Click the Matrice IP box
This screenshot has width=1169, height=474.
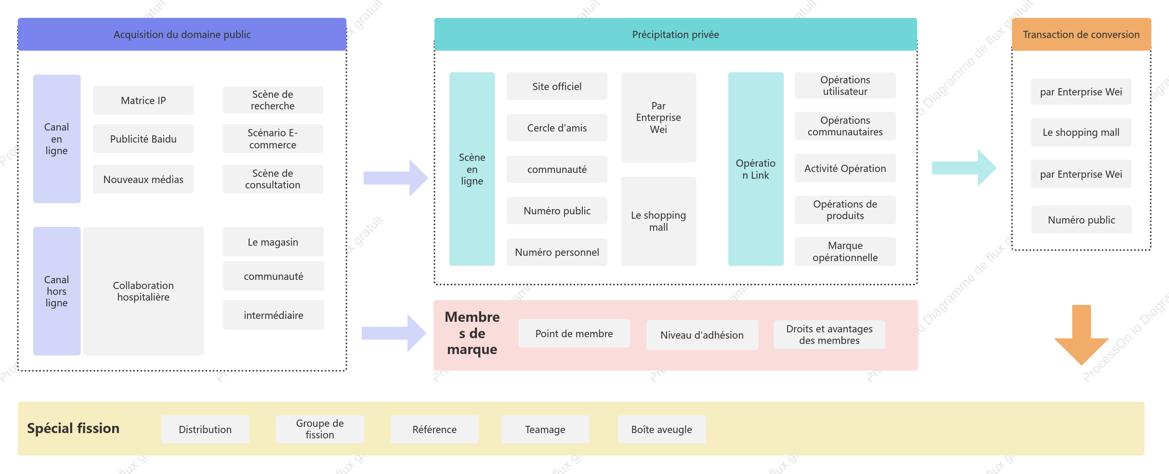click(143, 100)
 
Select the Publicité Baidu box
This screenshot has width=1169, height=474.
click(143, 139)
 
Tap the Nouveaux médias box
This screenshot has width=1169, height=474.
click(143, 179)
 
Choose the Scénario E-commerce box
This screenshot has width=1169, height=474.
click(273, 139)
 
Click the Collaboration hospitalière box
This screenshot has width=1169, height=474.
click(144, 291)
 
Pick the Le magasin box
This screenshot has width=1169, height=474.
click(273, 242)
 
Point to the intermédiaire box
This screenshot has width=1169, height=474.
click(274, 315)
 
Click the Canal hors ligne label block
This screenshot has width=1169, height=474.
click(57, 291)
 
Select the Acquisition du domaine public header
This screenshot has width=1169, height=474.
click(182, 34)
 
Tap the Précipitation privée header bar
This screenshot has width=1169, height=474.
click(675, 34)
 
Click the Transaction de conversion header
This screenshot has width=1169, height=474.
click(1081, 34)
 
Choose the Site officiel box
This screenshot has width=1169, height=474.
click(557, 86)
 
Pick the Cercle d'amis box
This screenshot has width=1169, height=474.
click(557, 128)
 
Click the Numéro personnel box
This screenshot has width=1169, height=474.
click(557, 252)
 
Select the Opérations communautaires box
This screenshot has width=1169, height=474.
click(845, 126)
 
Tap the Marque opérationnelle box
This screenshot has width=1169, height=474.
click(845, 251)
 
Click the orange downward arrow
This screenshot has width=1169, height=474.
click(1081, 335)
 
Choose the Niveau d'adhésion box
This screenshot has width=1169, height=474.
click(702, 335)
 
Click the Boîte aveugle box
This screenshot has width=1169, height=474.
click(662, 429)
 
